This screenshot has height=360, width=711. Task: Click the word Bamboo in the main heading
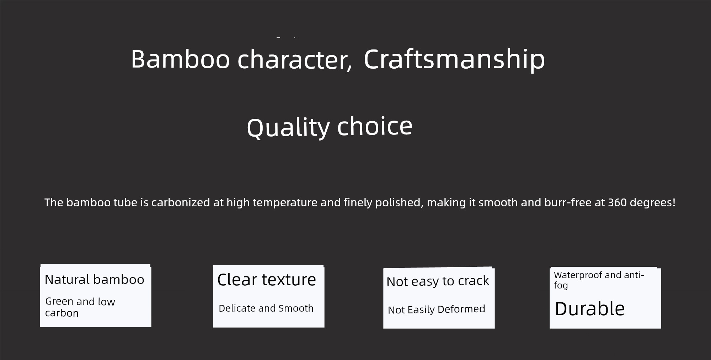[x=181, y=59]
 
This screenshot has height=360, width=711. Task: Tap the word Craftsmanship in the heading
[x=454, y=60]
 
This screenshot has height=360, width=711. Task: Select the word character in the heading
[x=295, y=60]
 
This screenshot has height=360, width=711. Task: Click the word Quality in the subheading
[x=288, y=127]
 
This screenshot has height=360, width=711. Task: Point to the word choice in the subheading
[x=375, y=126]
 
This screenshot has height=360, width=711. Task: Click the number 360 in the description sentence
[x=617, y=202]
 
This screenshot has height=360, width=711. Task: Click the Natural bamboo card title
[x=95, y=280]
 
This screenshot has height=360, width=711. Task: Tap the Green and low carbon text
[x=80, y=307]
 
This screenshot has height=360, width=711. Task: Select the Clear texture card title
[x=267, y=280]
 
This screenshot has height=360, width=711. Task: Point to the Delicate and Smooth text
[x=266, y=308]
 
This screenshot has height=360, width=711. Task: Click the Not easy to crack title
[x=438, y=281]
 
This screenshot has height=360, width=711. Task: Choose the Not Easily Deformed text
[x=437, y=309]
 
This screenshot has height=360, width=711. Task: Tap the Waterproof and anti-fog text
[x=599, y=280]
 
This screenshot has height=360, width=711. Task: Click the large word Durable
[x=590, y=308]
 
